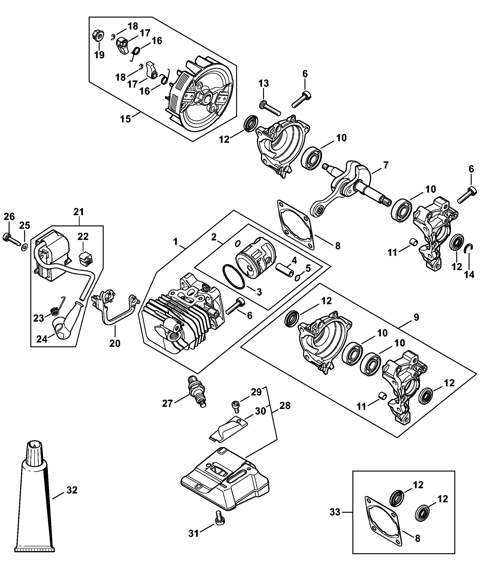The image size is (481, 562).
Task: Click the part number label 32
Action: click(x=72, y=490)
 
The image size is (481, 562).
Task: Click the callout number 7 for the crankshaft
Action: click(x=386, y=165)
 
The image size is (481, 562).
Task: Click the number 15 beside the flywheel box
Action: click(x=125, y=119)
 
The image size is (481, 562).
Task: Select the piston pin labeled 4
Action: click(x=285, y=270)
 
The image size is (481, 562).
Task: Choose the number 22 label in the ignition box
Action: click(x=83, y=237)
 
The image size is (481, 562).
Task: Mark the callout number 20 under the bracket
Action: click(x=115, y=343)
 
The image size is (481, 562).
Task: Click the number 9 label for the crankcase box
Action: click(x=416, y=317)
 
